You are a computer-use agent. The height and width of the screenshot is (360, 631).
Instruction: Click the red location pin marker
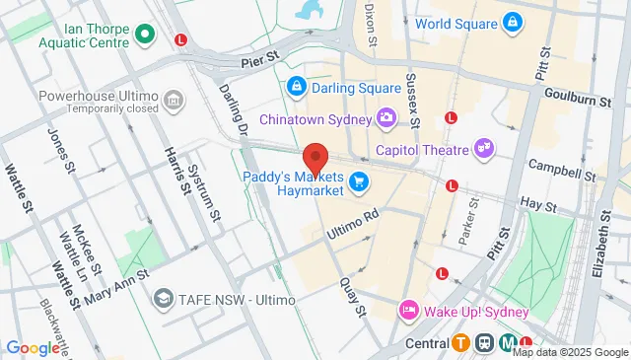pos(315,158)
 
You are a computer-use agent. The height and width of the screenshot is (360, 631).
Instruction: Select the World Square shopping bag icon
pos(512,22)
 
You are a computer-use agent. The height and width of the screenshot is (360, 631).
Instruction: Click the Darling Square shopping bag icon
pos(296,88)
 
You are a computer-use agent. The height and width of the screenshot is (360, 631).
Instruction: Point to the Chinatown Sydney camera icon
pos(386,119)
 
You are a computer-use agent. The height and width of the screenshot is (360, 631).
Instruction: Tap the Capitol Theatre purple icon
pos(483,150)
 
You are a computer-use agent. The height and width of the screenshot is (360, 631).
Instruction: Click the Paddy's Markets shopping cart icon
pos(358,180)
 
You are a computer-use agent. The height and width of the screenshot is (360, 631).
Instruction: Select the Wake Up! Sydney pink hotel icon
pos(407,311)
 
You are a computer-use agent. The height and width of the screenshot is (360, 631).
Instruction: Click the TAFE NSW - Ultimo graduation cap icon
pos(163,298)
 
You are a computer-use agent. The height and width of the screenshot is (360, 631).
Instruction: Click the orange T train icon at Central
pos(461,343)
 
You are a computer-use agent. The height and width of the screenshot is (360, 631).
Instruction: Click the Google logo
pos(33,347)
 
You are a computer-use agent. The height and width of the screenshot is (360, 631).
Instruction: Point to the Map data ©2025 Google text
pos(570,352)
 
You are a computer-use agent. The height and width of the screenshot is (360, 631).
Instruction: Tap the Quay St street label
pos(355,296)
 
